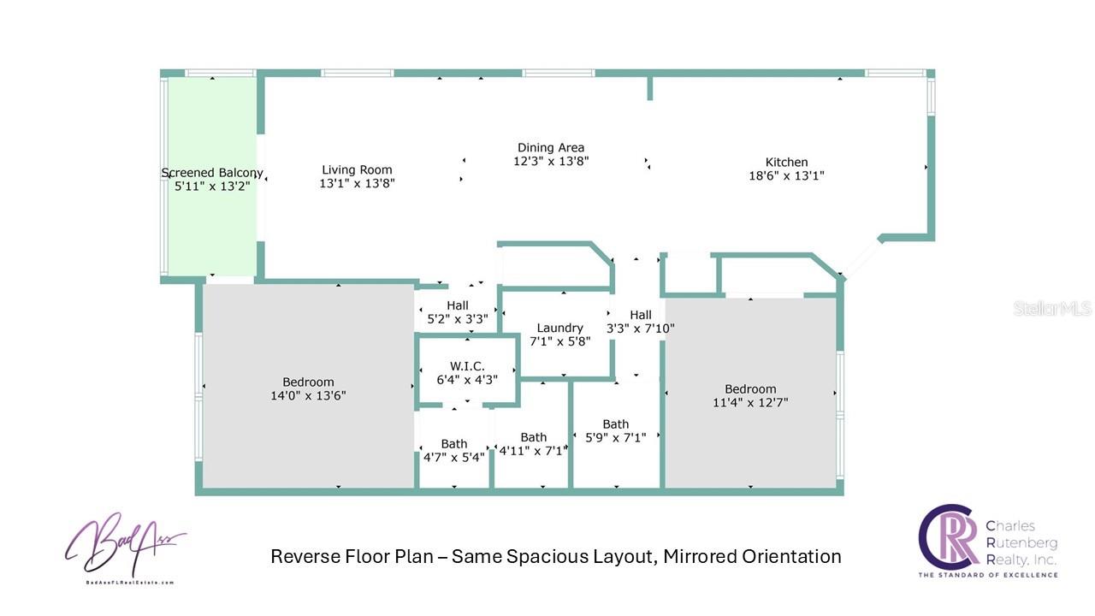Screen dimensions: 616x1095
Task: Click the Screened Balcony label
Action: click(x=211, y=173)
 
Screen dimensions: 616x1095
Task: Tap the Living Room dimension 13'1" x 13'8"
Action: click(x=357, y=183)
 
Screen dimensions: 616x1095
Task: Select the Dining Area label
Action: click(x=551, y=147)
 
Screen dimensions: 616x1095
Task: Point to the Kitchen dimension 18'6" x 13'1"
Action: click(x=786, y=176)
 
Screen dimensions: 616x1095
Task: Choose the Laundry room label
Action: click(x=559, y=328)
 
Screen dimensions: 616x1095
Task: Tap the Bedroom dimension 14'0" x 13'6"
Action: click(x=308, y=395)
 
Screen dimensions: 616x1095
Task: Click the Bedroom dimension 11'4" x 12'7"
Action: click(x=750, y=402)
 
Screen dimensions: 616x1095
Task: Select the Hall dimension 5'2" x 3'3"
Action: click(x=457, y=319)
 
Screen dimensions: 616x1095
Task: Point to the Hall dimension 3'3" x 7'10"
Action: click(x=641, y=329)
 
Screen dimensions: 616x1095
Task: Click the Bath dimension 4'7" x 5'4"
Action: click(x=454, y=457)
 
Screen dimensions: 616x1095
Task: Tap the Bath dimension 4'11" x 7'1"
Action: click(x=533, y=451)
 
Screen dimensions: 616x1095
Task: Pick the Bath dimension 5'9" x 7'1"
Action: click(x=615, y=437)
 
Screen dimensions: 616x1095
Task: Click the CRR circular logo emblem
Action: click(x=948, y=536)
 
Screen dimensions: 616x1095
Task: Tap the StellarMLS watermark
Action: click(x=1052, y=308)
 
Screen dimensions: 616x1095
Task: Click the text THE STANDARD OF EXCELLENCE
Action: click(x=988, y=575)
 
